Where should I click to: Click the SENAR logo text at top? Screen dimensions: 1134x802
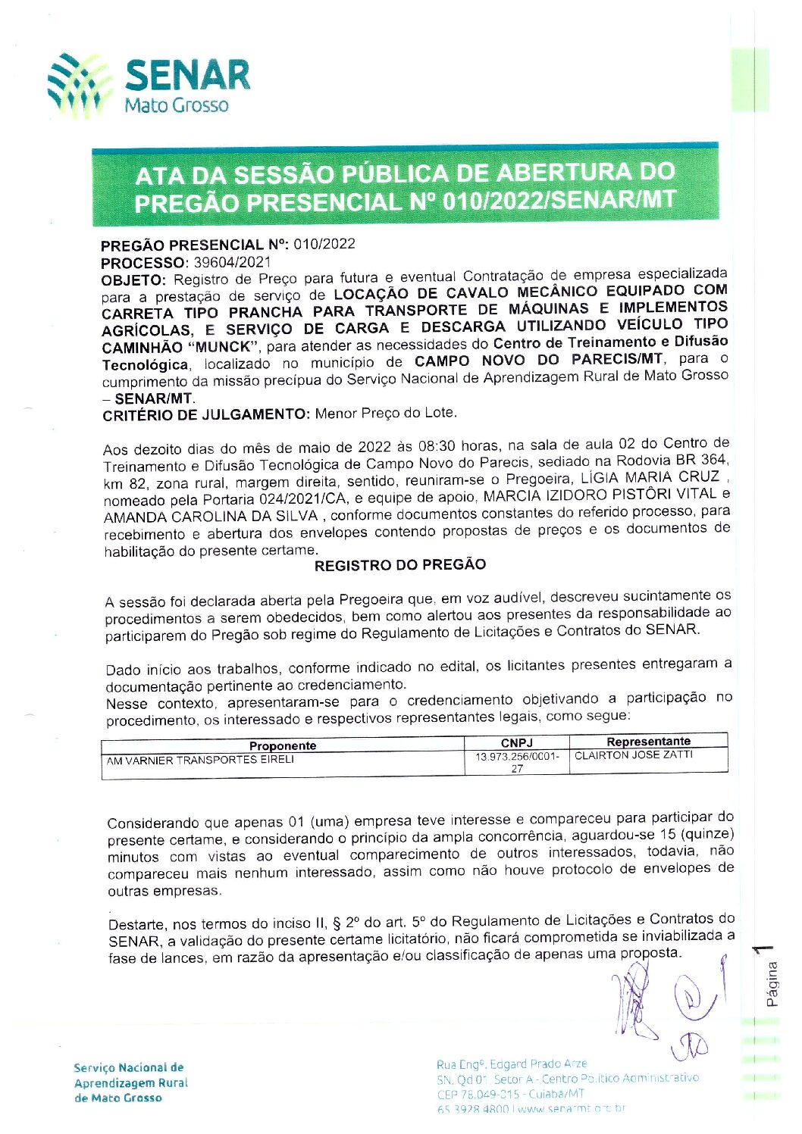click(x=186, y=75)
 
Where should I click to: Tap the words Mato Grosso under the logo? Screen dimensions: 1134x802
click(x=176, y=105)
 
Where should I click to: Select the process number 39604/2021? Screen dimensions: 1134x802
click(x=232, y=262)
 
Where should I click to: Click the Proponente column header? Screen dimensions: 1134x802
click(x=283, y=745)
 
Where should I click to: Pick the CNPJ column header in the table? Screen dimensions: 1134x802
click(x=516, y=742)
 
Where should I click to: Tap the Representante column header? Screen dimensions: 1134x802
click(x=648, y=741)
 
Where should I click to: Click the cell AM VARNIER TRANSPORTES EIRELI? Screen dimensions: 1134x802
click(x=200, y=760)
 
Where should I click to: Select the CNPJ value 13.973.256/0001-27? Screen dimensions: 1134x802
click(x=517, y=762)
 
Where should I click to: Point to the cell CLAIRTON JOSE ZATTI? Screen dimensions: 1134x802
click(x=634, y=755)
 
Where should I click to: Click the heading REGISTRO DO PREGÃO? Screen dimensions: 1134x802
click(x=400, y=565)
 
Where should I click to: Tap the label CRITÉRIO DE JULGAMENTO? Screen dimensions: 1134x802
click(x=205, y=414)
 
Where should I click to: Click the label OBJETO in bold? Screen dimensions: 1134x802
click(x=133, y=280)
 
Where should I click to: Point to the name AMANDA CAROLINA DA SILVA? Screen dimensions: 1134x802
click(x=211, y=517)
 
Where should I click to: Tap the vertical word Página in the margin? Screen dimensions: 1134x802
click(x=772, y=983)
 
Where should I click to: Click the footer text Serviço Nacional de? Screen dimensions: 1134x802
click(x=129, y=1067)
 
